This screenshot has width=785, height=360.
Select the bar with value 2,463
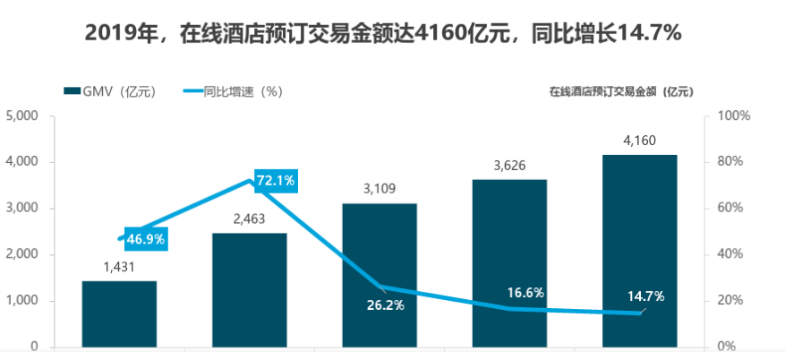[250, 289]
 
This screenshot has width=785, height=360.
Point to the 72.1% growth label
[275, 181]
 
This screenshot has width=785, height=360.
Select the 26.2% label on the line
[385, 305]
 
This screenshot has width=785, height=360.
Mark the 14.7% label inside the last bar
[644, 296]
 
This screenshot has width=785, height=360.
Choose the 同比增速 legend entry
[228, 91]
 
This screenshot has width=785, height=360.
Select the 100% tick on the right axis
[732, 116]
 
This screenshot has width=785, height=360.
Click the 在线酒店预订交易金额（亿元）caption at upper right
[621, 91]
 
